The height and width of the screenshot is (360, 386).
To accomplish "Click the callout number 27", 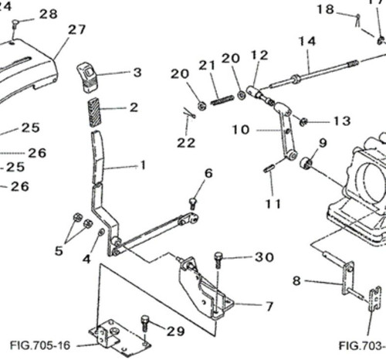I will pos(76,30).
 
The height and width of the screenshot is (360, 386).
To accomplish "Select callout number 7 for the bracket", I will pos(269,307).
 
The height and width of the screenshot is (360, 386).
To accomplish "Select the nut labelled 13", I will pos(303,121).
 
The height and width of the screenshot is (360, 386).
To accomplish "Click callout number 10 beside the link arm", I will pos(241,130).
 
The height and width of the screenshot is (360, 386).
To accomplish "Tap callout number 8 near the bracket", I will pos(296,282).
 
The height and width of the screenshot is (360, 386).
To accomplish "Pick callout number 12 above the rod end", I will pos(259,56).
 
